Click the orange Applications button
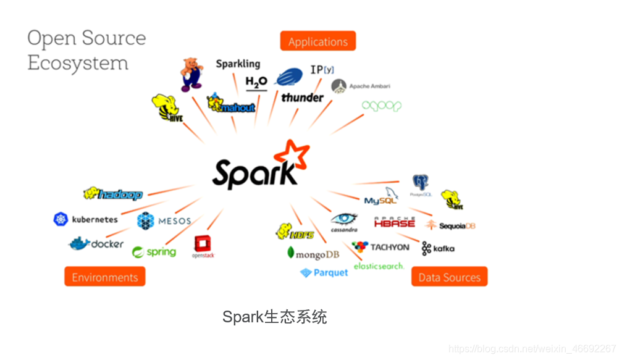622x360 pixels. pyautogui.click(x=318, y=41)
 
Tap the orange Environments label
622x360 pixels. pyautogui.click(x=104, y=277)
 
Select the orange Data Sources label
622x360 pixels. pyautogui.click(x=449, y=277)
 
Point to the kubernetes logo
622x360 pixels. pyautogui.click(x=86, y=219)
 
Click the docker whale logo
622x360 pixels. pyautogui.click(x=96, y=243)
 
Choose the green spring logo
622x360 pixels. pyautogui.click(x=154, y=251)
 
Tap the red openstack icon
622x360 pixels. pyautogui.click(x=203, y=246)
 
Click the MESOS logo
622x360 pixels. pyautogui.click(x=164, y=220)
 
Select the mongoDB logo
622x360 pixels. pyautogui.click(x=313, y=253)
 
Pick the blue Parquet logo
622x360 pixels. pyautogui.click(x=324, y=272)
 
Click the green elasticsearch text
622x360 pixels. pyautogui.click(x=379, y=266)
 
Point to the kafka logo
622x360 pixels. pyautogui.click(x=438, y=248)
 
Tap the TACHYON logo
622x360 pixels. pyautogui.click(x=380, y=247)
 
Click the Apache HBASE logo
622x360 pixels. pyautogui.click(x=395, y=222)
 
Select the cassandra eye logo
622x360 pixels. pyautogui.click(x=344, y=221)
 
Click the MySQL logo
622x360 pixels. pyautogui.click(x=382, y=197)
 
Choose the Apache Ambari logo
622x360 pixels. pyautogui.click(x=361, y=86)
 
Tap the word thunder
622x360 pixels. pyautogui.click(x=302, y=98)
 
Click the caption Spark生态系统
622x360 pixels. pyautogui.click(x=274, y=317)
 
